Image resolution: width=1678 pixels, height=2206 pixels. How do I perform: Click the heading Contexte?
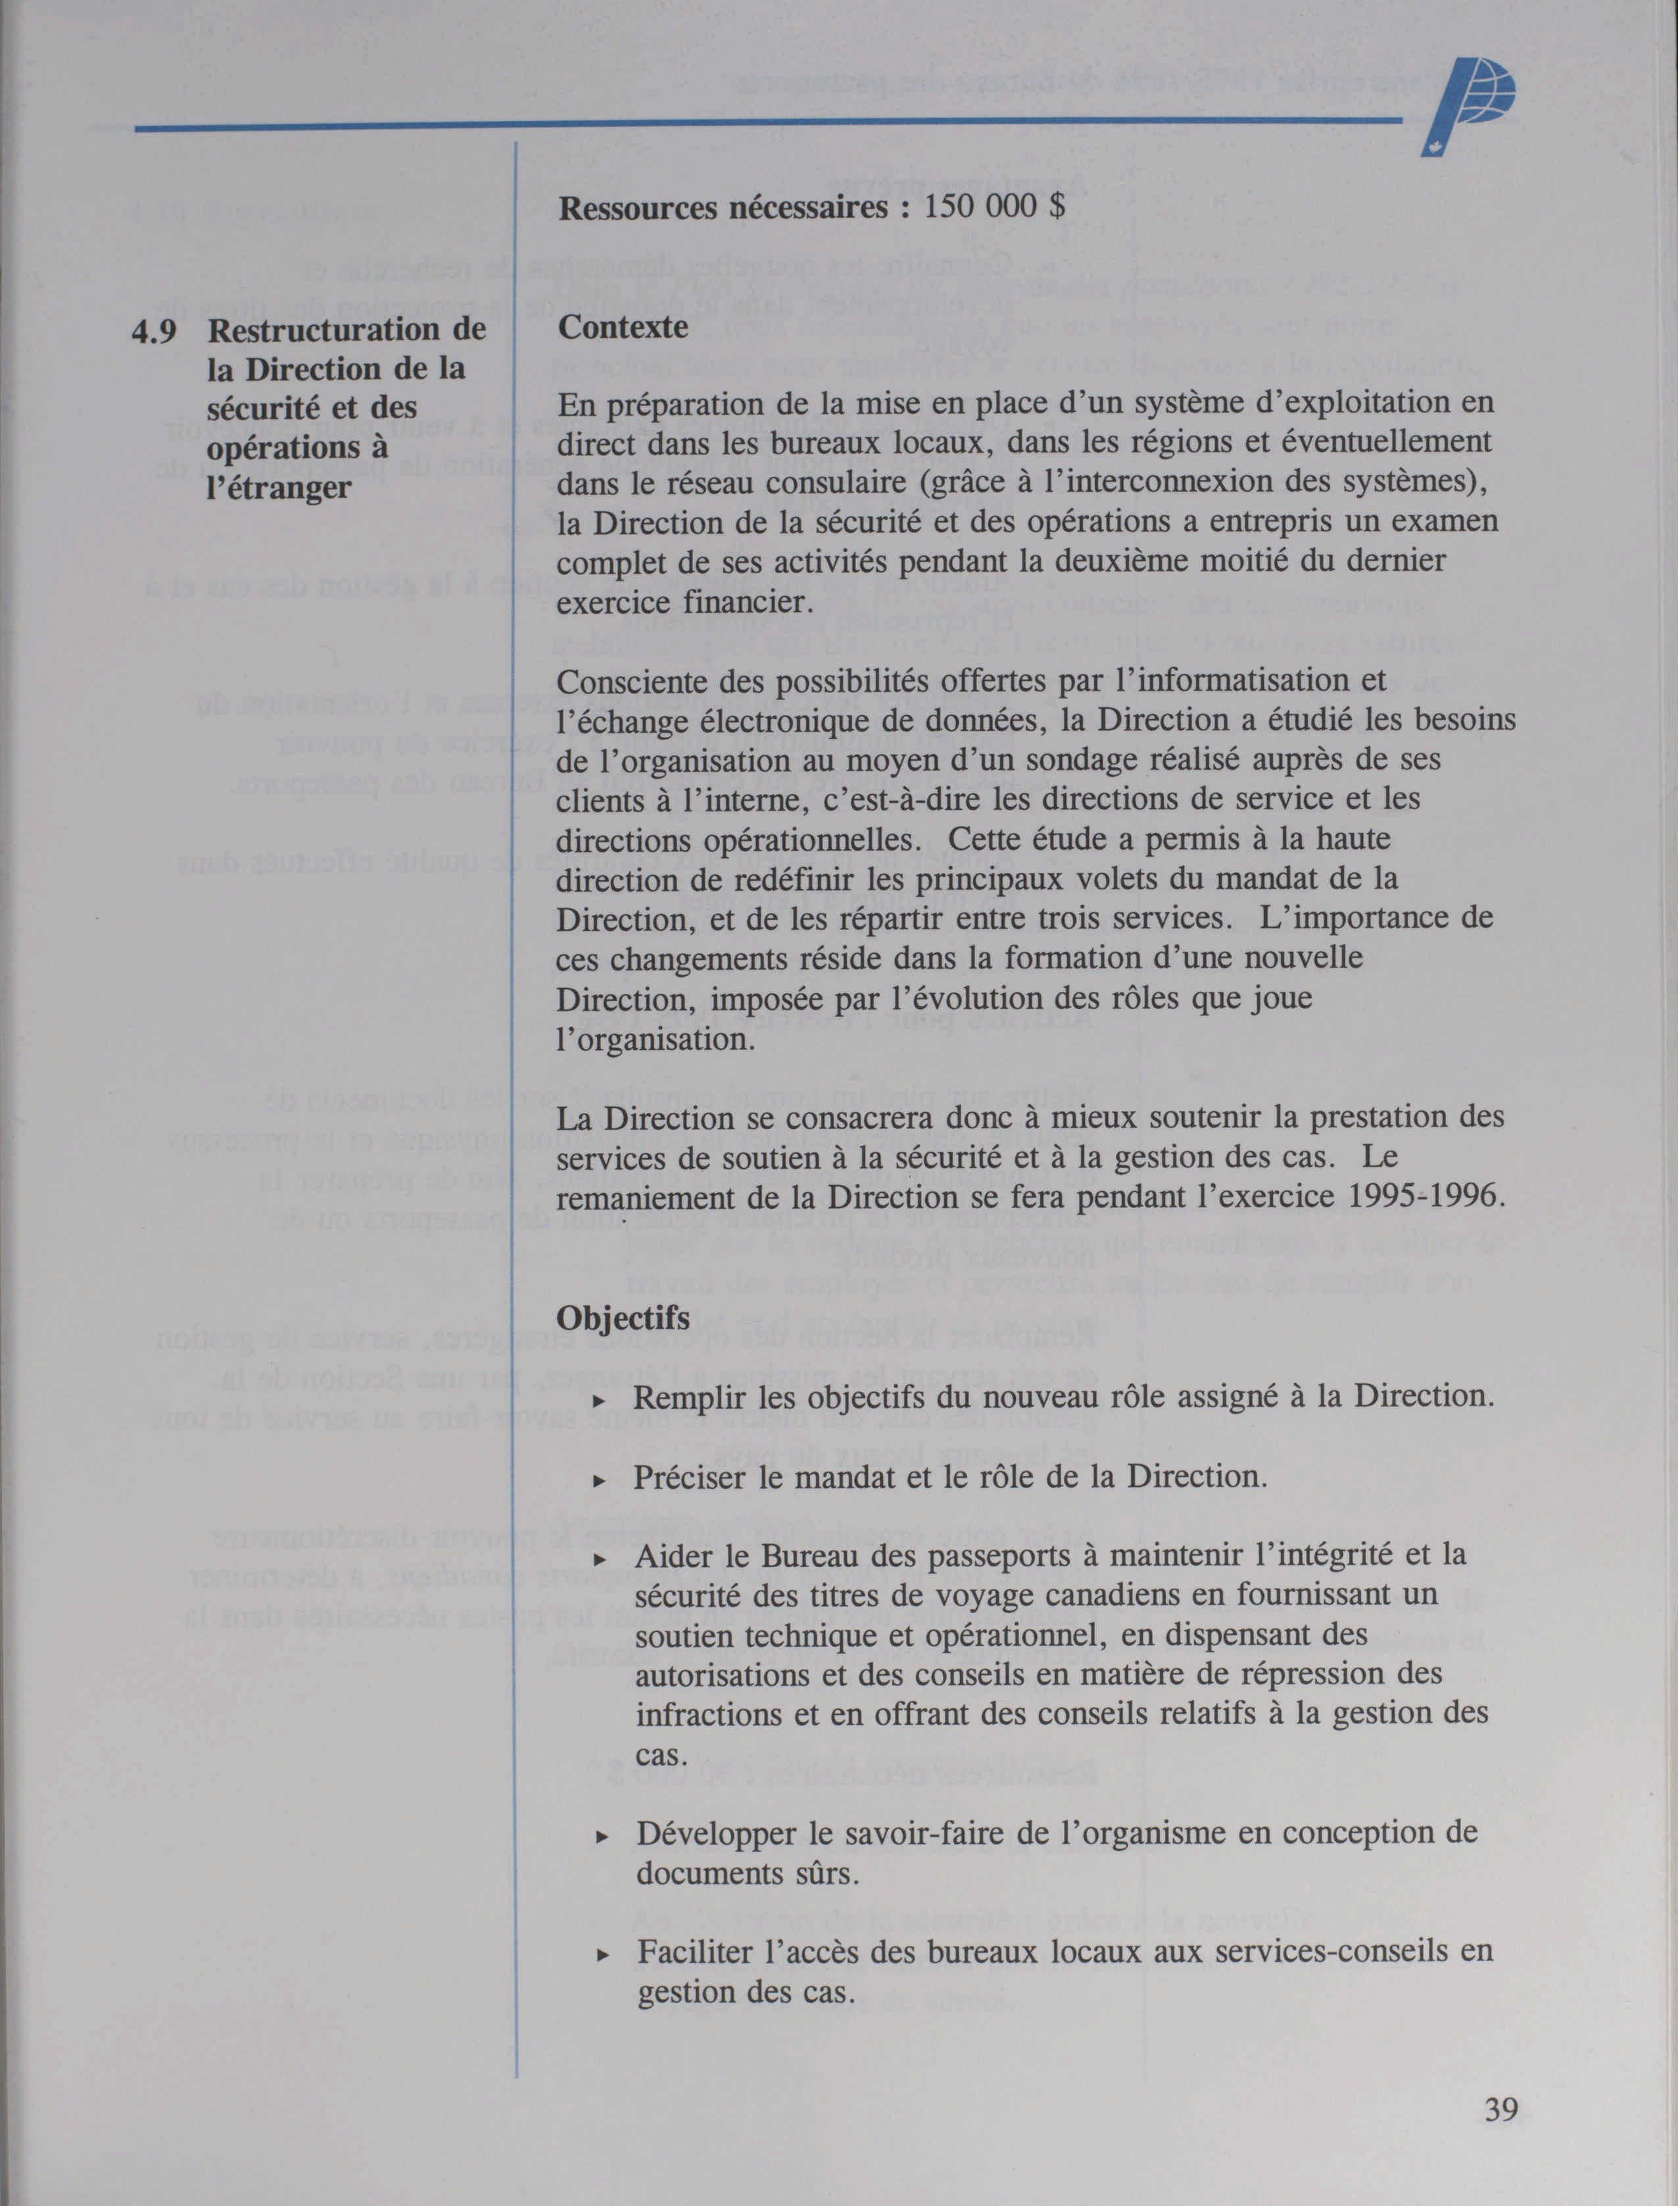pyautogui.click(x=622, y=327)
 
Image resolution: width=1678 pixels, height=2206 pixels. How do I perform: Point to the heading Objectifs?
pyautogui.click(x=622, y=1318)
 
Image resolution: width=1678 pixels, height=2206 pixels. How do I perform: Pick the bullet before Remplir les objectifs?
pyautogui.click(x=599, y=1400)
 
